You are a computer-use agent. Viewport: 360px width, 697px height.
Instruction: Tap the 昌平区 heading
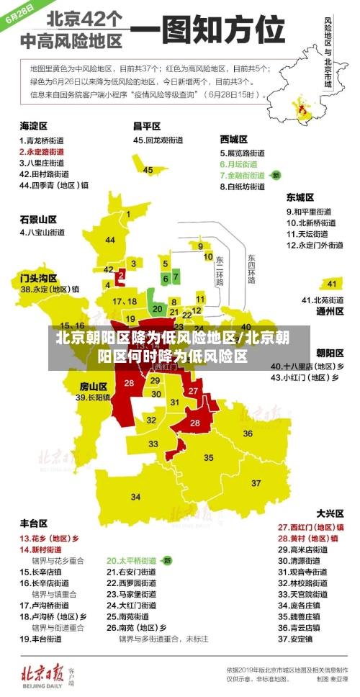(x=147, y=125)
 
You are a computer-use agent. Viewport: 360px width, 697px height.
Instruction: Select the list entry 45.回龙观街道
(x=159, y=140)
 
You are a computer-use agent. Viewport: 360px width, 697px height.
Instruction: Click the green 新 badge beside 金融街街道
(x=276, y=175)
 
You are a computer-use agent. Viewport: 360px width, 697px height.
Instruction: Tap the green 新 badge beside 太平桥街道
(x=167, y=559)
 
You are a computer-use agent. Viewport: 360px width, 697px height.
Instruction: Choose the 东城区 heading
(x=300, y=197)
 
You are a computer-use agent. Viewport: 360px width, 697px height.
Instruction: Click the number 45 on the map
(x=148, y=170)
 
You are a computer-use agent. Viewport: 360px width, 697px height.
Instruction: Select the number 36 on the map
(x=247, y=433)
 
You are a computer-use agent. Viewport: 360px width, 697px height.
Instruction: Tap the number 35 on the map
(x=209, y=457)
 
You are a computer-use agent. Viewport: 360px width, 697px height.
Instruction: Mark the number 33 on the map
(x=153, y=444)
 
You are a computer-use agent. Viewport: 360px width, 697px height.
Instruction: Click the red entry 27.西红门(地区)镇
(x=307, y=526)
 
